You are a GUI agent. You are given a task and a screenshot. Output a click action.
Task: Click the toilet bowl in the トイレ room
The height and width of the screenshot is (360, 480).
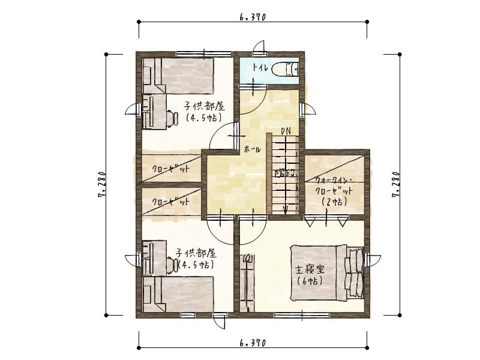[x=284, y=70]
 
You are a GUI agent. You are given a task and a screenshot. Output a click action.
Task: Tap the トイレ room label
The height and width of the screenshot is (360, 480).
[x=260, y=67]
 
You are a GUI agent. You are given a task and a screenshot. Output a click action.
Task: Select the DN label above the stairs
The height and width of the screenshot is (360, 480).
[x=287, y=131]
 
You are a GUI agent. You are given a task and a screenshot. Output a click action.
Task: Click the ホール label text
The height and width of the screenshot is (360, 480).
[x=253, y=149]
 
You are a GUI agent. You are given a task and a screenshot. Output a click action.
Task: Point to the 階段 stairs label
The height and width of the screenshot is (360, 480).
[x=285, y=174]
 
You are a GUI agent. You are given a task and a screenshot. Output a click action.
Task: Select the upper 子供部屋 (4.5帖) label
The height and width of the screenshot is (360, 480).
[x=204, y=112]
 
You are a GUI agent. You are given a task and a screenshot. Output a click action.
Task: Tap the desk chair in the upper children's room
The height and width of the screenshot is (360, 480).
[x=171, y=118]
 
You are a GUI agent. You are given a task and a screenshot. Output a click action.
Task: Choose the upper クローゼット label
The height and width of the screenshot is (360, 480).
[x=170, y=169]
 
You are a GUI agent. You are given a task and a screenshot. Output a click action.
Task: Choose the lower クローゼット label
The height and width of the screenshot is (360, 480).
[x=170, y=202]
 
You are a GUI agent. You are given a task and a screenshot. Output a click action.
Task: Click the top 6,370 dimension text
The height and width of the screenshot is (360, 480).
[x=252, y=17]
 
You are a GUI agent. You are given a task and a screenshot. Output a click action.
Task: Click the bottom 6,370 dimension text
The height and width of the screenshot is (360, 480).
[x=252, y=343]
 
